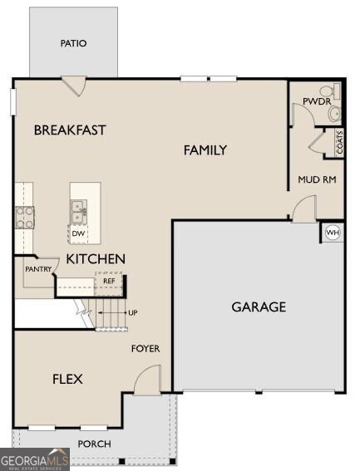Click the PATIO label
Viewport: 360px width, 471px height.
73,43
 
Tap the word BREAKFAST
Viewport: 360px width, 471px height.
70,130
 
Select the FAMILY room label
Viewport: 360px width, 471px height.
205,150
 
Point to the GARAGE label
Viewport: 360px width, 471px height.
259,307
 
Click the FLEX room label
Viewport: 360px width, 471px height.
67,379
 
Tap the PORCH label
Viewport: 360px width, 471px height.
94,444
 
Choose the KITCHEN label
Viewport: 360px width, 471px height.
96,259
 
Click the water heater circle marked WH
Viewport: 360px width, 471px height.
333,233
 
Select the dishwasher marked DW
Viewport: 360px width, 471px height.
78,233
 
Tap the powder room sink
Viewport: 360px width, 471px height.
335,114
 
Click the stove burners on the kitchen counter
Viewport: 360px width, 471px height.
25,217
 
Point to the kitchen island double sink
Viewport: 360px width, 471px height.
79,212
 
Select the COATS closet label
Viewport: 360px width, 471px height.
339,142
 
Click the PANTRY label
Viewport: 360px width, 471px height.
38,269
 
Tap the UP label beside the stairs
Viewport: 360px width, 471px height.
133,312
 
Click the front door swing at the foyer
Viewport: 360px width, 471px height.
147,379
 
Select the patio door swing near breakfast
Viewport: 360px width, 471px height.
74,86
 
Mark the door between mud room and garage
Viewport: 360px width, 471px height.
304,209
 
